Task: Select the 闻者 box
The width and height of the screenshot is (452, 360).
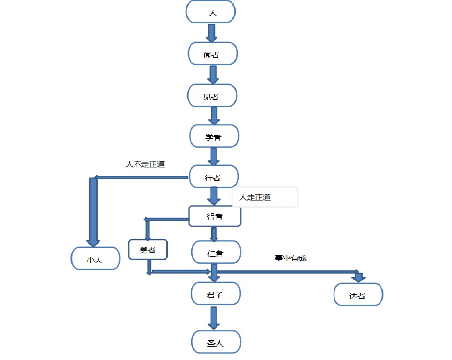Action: coord(213,54)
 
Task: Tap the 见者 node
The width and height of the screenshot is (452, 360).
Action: coord(212,96)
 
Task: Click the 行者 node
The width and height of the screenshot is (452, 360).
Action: coord(214,177)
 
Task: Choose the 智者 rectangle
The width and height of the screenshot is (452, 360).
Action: coord(215,216)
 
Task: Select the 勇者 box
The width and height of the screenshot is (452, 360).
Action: coord(148,249)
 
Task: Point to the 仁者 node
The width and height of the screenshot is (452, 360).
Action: coord(216,253)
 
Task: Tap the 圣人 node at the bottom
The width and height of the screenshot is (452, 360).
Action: coord(216,342)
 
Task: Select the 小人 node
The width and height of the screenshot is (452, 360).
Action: coord(95,259)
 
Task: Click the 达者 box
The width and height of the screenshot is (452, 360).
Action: coord(358,295)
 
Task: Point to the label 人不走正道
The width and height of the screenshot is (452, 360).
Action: coord(145,164)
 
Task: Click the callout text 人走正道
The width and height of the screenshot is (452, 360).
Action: coord(256,197)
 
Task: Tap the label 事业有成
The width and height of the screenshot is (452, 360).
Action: coord(291,258)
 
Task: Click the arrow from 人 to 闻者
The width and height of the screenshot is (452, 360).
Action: coord(212,33)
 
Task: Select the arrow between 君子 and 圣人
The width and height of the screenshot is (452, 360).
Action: coord(213,318)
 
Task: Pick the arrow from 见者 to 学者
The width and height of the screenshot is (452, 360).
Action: coord(214,116)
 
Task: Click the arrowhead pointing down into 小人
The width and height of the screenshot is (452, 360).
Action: coord(93,241)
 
